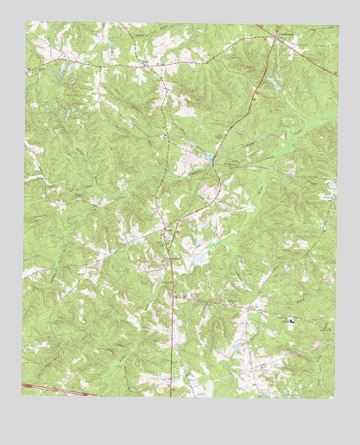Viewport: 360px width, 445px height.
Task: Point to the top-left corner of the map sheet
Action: pos(27,22)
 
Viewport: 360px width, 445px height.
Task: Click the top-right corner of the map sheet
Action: pos(336,24)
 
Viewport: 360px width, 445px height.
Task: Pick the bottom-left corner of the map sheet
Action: pos(22,394)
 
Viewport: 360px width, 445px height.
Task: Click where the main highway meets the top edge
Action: pos(274,23)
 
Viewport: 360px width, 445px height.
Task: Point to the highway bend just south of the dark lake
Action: pos(218,177)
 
